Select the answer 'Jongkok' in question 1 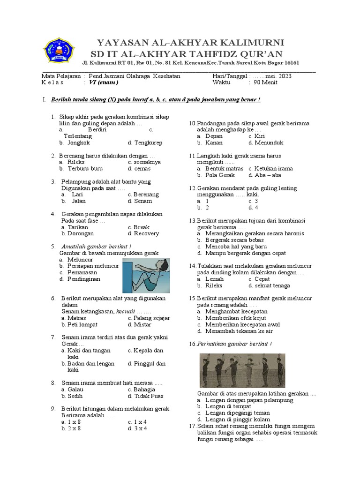tap(78, 142)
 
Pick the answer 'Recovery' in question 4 tap(146, 233)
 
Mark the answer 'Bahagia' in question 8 tap(144, 390)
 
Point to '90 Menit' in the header tap(266, 82)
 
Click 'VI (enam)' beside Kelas tap(104, 82)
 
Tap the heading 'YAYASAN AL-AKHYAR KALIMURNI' tap(190, 43)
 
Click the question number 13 tap(192, 220)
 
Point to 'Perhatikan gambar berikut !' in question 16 tap(234, 344)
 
